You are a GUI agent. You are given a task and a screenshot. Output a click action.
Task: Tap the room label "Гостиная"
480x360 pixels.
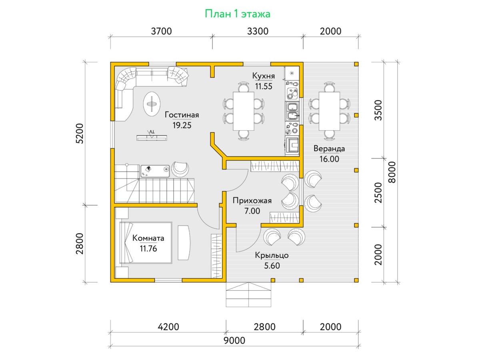pos(182,115)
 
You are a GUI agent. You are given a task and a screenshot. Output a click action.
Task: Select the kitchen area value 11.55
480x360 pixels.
pos(264,86)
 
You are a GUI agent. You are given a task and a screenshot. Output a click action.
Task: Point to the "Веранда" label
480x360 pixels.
pos(329,149)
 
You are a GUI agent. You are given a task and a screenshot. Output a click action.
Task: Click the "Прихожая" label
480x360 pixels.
pos(252,200)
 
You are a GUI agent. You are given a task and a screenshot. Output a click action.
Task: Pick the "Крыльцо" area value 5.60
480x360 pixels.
pos(272,266)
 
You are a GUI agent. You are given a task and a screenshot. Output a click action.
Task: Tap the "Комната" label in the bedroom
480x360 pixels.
pos(148,238)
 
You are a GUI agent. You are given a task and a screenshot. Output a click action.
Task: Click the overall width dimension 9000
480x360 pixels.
pos(234,340)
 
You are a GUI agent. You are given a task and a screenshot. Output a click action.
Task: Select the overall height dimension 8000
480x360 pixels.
pos(392,172)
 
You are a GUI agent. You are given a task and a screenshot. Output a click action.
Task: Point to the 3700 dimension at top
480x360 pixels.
pos(161,31)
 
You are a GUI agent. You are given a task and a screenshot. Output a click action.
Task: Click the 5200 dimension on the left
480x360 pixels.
pos(80,134)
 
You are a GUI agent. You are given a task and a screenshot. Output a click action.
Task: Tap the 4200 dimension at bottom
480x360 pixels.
pos(168,327)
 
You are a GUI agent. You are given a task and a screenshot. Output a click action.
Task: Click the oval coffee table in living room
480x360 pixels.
pos(152,104)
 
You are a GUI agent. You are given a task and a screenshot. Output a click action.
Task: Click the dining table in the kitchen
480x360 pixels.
pos(243,111)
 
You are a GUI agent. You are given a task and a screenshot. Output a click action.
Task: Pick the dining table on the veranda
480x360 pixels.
pos(329,111)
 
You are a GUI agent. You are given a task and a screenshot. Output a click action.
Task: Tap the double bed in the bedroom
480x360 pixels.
pos(146,243)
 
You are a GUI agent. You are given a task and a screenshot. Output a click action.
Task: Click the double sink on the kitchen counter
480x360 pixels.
pos(292,111)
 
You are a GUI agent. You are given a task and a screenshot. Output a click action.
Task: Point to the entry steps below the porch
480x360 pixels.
pos(248,295)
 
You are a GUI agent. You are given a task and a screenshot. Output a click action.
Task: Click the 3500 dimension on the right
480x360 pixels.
pos(378,110)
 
